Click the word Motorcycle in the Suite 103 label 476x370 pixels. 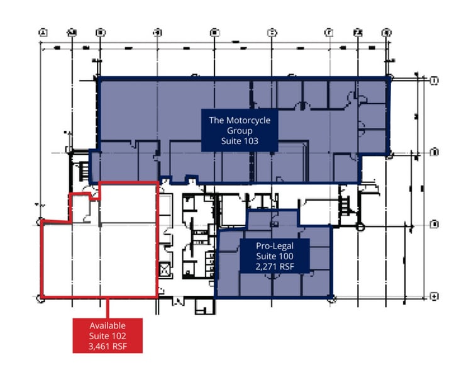(x=245, y=120)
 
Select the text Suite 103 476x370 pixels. (x=240, y=141)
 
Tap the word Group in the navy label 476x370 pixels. (x=240, y=131)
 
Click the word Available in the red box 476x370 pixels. (x=108, y=325)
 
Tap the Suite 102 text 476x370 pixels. (x=108, y=335)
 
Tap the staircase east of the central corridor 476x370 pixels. (x=344, y=204)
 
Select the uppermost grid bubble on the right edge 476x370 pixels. (x=433, y=80)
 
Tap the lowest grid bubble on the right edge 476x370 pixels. (x=433, y=296)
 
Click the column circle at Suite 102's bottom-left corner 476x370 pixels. (x=42, y=298)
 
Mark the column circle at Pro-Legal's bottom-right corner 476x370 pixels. (x=331, y=297)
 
